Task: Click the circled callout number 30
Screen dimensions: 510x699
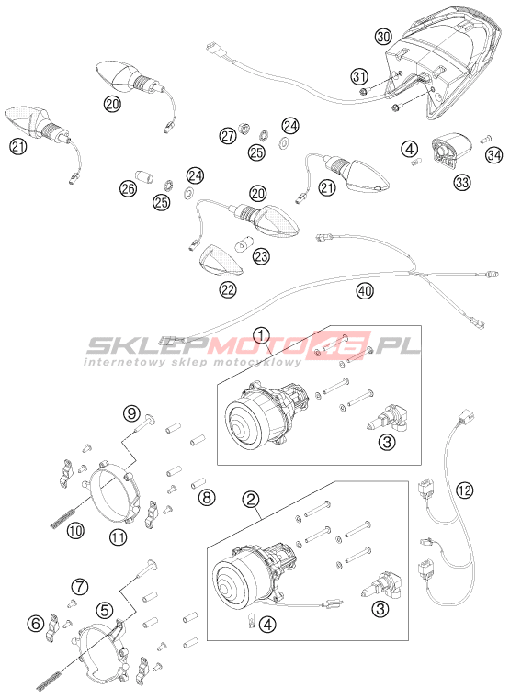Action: pos(383,37)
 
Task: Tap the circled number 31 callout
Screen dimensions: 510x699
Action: pos(359,76)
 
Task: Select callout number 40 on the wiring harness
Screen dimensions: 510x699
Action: pos(365,291)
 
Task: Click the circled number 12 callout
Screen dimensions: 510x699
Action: pos(465,490)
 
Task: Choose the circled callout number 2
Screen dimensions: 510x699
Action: pos(251,500)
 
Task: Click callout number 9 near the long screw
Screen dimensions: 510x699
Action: pos(132,414)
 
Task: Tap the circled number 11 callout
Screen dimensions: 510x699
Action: pos(119,537)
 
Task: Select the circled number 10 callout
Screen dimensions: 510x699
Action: pos(75,531)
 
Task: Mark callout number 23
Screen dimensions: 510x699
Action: pos(261,256)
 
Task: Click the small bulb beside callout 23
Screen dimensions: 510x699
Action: pos(244,243)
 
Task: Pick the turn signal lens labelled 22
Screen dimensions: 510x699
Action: pos(221,261)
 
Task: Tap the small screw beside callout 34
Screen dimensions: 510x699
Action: pos(485,140)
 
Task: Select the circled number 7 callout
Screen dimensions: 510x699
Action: pos(80,587)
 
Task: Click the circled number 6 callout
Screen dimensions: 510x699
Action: pos(36,623)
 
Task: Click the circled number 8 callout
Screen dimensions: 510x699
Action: pos(207,498)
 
